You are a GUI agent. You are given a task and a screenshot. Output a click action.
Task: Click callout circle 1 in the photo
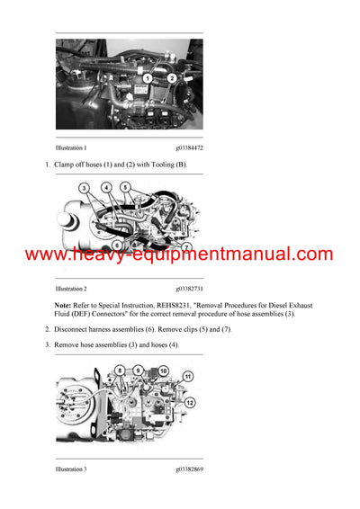[x=146, y=78]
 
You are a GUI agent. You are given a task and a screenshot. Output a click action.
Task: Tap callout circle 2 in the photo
[x=172, y=77]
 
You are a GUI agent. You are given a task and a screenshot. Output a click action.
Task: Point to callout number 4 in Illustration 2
[x=106, y=188]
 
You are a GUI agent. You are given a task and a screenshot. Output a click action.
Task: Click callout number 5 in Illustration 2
[x=125, y=188]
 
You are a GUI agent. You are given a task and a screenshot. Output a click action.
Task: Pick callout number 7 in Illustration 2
[x=186, y=246]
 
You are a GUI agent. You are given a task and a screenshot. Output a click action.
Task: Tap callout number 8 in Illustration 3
[x=120, y=370]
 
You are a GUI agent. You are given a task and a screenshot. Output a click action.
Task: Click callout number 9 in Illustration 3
[x=139, y=370]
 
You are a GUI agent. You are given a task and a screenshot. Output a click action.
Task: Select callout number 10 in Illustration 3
[x=163, y=370]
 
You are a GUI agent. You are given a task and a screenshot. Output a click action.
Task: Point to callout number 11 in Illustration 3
[x=188, y=375]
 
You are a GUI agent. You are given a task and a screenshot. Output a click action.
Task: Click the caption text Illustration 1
[x=71, y=147]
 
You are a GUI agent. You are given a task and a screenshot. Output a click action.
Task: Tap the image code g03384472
[x=189, y=147]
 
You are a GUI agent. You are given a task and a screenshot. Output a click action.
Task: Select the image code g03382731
[x=189, y=290]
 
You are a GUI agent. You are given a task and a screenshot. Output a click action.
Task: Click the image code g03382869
[x=189, y=469]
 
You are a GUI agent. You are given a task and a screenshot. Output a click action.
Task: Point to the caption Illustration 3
[x=71, y=469]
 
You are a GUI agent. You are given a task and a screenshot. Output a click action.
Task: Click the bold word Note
[x=66, y=306]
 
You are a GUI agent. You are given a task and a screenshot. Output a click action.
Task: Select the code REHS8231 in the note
[x=181, y=306]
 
